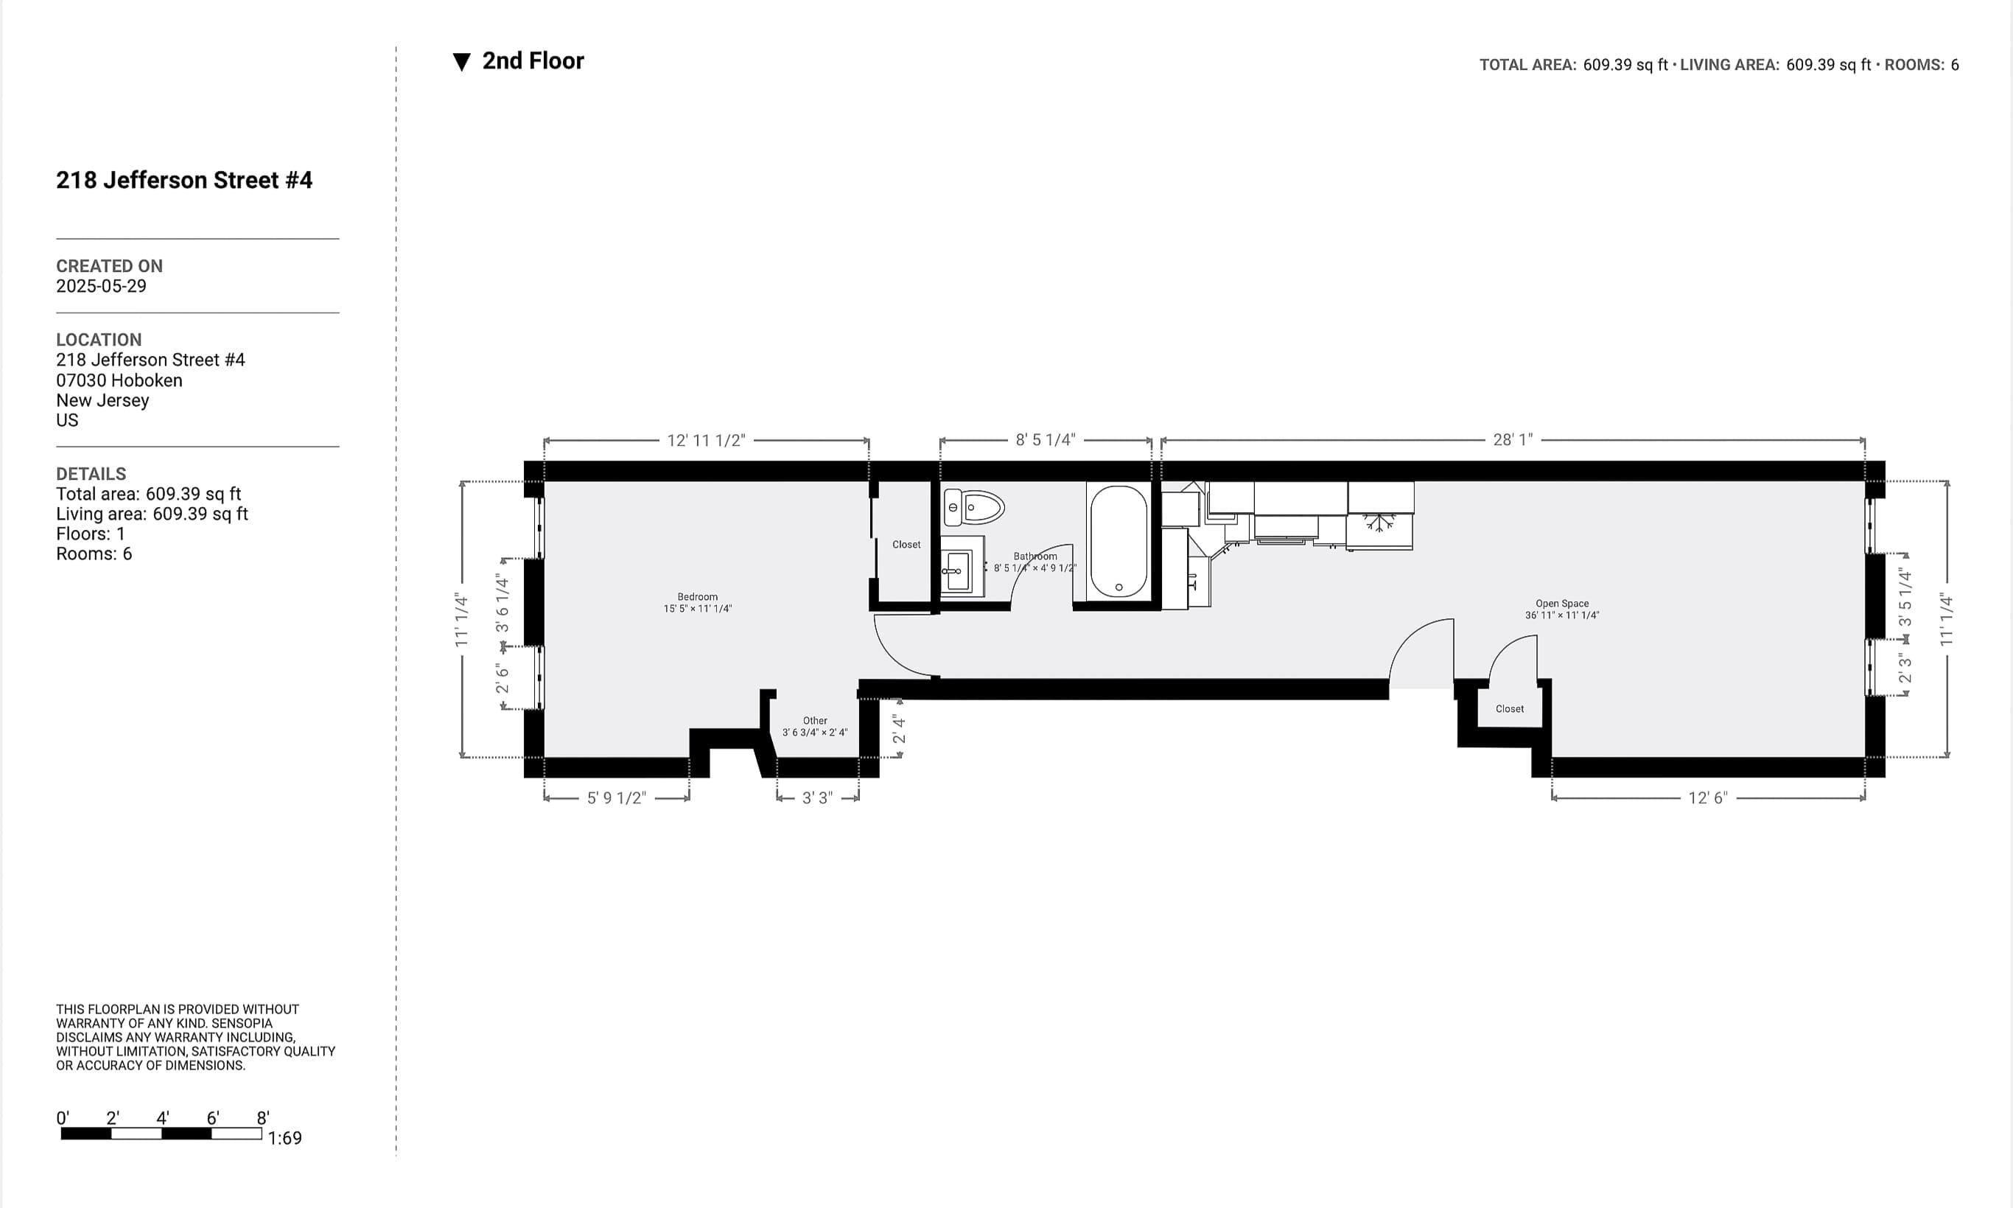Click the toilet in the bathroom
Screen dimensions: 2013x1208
click(973, 508)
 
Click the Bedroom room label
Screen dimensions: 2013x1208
click(697, 597)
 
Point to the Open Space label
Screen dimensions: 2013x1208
click(1561, 604)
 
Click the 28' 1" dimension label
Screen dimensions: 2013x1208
click(1513, 439)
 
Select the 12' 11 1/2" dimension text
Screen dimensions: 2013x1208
click(705, 441)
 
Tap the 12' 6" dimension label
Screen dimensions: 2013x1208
click(1707, 797)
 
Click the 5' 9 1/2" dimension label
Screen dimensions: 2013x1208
click(617, 797)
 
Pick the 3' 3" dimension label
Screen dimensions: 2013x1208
click(817, 797)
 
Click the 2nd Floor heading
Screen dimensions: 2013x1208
click(533, 61)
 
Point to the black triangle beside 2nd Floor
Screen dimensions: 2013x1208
click(461, 62)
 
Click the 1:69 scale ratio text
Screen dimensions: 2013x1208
click(284, 1138)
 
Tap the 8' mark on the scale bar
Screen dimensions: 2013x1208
click(263, 1117)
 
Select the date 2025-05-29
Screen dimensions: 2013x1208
click(101, 286)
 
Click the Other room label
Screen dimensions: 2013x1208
click(814, 720)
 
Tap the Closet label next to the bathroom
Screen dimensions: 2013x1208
click(906, 545)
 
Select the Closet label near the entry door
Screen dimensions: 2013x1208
click(1509, 709)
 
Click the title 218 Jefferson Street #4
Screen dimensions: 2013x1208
click(184, 180)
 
